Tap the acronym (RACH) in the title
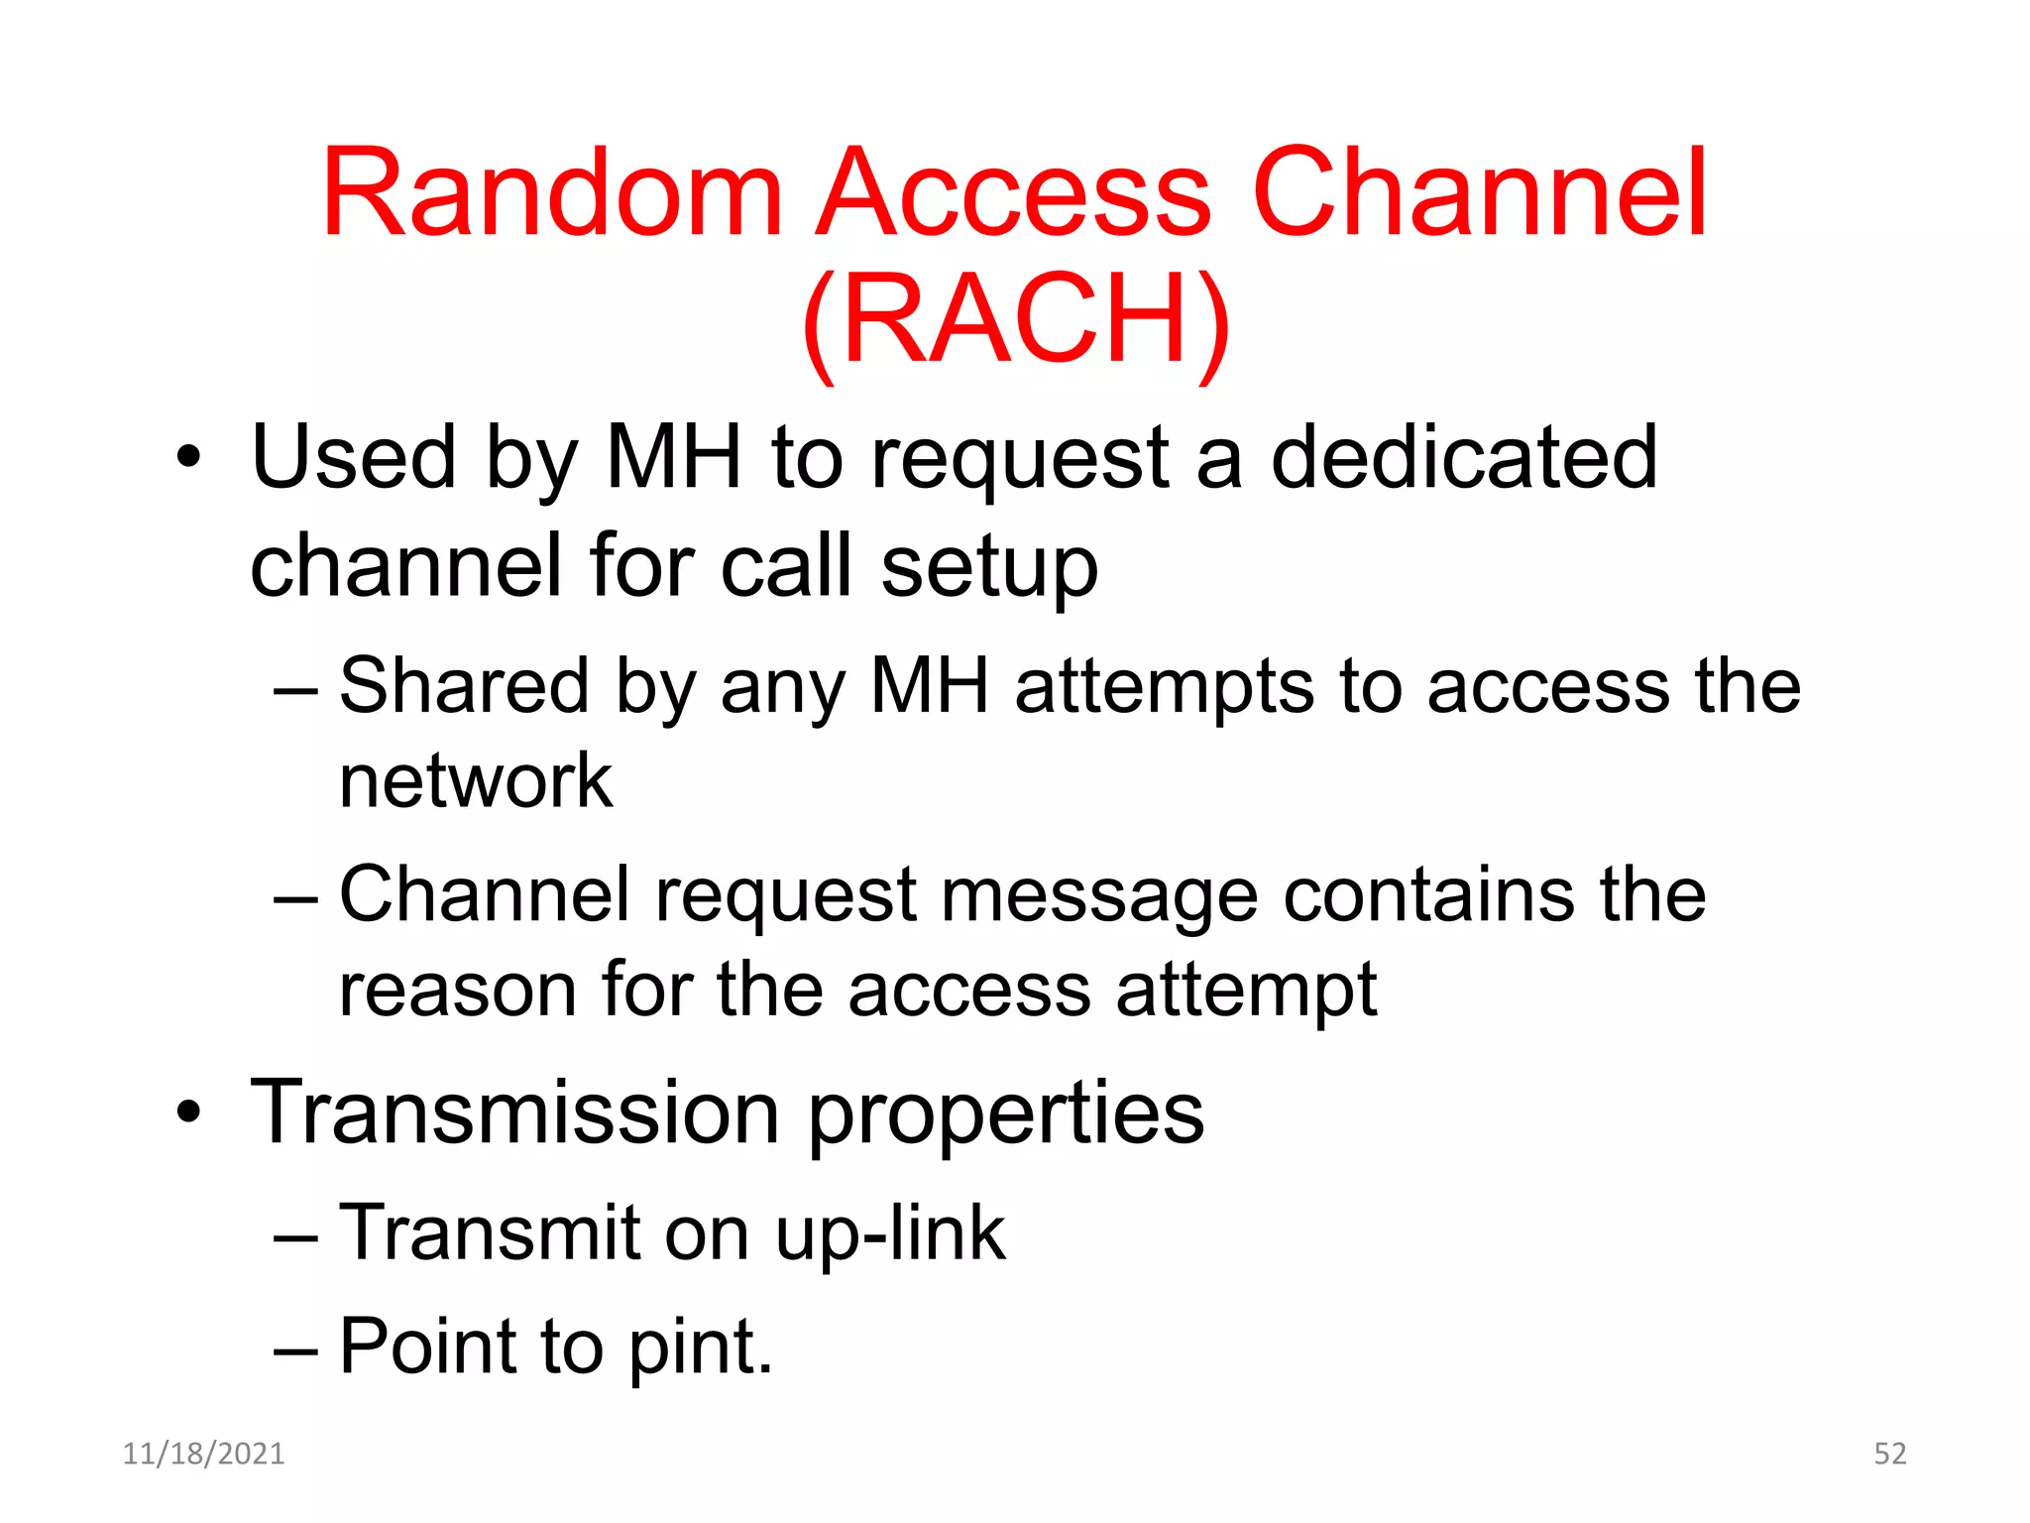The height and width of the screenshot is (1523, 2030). pyautogui.click(x=1016, y=319)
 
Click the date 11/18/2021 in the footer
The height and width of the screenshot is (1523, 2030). pyautogui.click(x=203, y=1454)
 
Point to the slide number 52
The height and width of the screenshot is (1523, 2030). pyautogui.click(x=1890, y=1454)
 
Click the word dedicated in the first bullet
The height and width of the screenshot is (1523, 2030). pyautogui.click(x=1463, y=457)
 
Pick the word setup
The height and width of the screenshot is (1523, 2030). pyautogui.click(x=989, y=568)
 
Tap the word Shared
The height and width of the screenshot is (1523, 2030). pyautogui.click(x=464, y=685)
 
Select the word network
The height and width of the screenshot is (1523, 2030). pyautogui.click(x=476, y=781)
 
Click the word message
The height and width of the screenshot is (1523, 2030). pyautogui.click(x=1098, y=895)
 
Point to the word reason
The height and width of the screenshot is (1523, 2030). pyautogui.click(x=457, y=991)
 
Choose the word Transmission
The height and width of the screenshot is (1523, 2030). pyautogui.click(x=515, y=1113)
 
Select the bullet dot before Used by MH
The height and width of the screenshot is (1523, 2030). pyautogui.click(x=187, y=458)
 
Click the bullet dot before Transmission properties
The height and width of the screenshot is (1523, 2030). pyautogui.click(x=187, y=1113)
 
